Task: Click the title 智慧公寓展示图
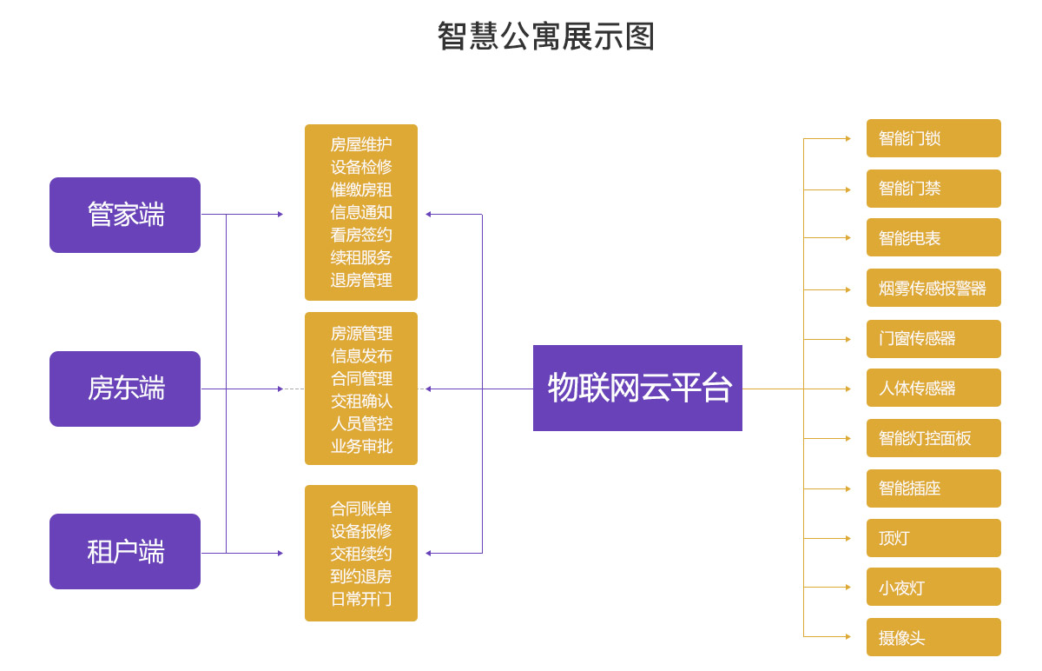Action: [545, 37]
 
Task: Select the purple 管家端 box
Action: [125, 215]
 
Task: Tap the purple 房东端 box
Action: [125, 389]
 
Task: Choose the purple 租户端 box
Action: [125, 551]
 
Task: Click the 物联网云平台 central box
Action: [637, 388]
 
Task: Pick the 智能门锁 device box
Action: [933, 138]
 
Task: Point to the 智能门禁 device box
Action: [933, 189]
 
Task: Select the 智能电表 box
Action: [933, 237]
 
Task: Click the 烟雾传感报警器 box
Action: [933, 288]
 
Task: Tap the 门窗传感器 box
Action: [933, 339]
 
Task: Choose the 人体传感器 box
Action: [933, 388]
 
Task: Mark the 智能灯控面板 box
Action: [933, 438]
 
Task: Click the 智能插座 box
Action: [933, 488]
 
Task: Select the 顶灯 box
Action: [933, 538]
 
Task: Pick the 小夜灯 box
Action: [933, 587]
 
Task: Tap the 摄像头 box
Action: [933, 637]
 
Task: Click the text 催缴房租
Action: [361, 189]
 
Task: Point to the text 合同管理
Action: [361, 378]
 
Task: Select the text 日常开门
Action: [361, 599]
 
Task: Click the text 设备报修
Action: [361, 531]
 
